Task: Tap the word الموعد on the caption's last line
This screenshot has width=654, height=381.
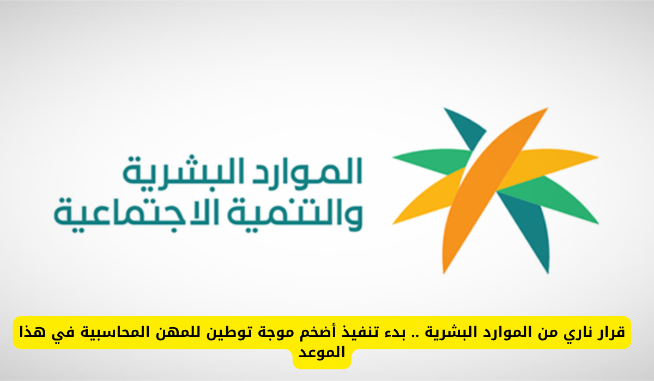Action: [322, 353]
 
